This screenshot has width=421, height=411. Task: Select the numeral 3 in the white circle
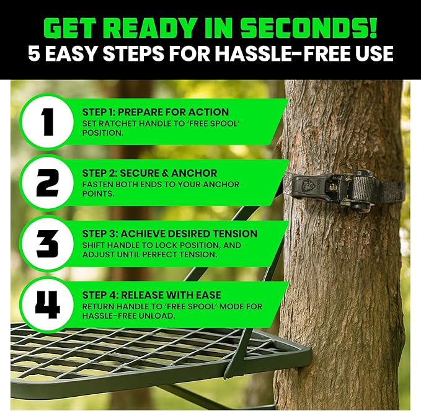coord(47,244)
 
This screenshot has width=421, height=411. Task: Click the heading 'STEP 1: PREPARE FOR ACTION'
coord(155,112)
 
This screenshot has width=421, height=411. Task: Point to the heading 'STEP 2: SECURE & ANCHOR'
coord(151,173)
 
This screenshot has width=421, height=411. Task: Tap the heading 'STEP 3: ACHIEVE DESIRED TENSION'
coord(169,234)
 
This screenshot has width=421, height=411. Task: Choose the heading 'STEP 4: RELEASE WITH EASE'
coord(151,294)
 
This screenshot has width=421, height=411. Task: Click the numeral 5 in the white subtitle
coord(35,53)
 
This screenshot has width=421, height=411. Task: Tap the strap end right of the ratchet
coord(392,190)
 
